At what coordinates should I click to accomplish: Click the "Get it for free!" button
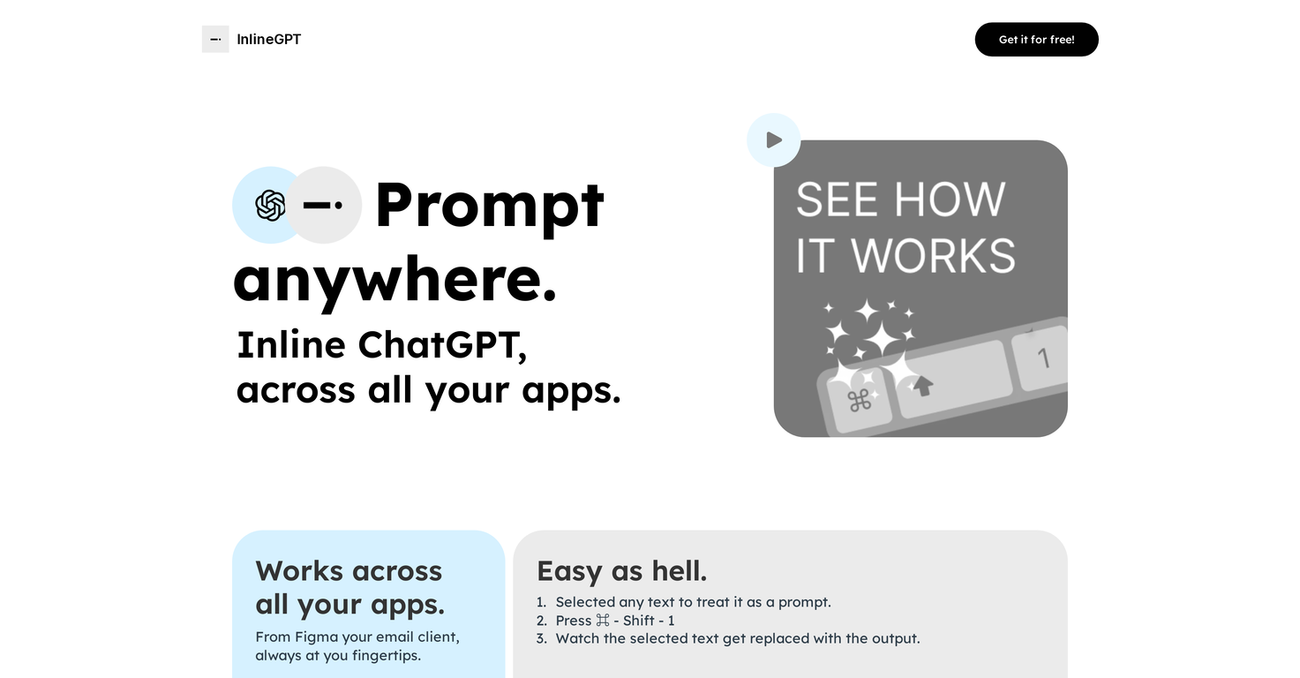pos(1036,40)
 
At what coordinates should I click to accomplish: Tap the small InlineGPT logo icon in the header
pos(215,40)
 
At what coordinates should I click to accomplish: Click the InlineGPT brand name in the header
pos(268,40)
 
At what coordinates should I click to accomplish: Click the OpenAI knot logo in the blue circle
pos(270,205)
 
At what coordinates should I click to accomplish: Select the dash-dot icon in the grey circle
pos(323,205)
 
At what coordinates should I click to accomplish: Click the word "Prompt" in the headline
pos(490,205)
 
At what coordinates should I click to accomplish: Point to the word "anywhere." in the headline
pos(395,281)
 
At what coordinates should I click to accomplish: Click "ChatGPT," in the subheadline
pos(442,345)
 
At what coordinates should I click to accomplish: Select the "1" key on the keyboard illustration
pos(1043,358)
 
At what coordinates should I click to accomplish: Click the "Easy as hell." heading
pos(621,571)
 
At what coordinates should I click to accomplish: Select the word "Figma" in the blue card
pos(316,637)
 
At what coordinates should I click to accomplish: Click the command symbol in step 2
pos(603,621)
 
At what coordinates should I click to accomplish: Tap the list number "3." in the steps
pos(542,638)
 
